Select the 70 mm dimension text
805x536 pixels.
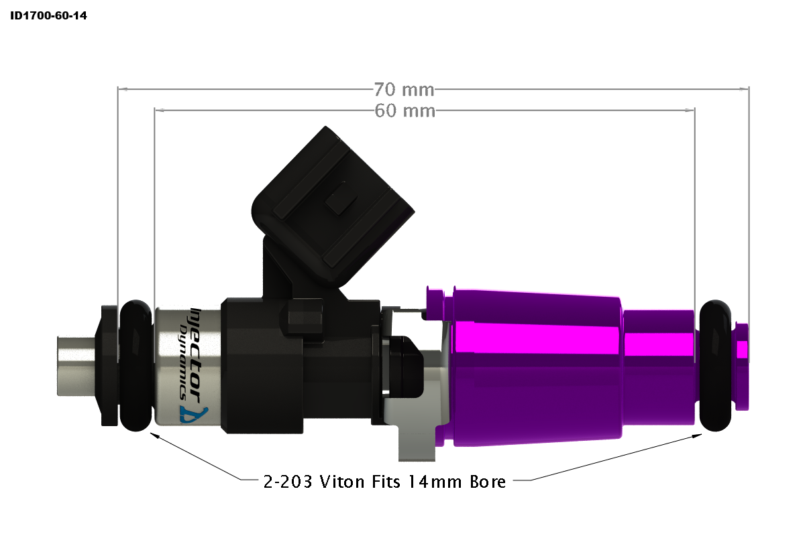point(404,89)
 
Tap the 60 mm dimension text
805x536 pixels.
point(404,111)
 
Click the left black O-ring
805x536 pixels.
point(136,365)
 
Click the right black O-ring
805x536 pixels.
point(715,365)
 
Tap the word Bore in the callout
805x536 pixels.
point(488,481)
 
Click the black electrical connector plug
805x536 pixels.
point(335,201)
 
